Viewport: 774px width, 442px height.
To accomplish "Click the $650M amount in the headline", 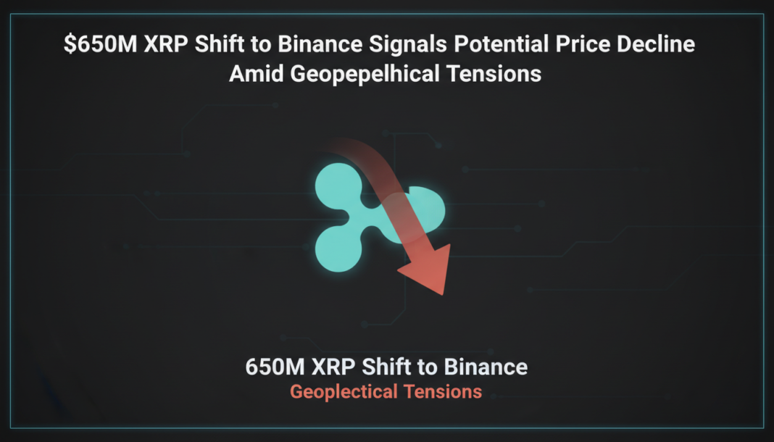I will click(x=98, y=44).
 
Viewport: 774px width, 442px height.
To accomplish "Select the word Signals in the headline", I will click(x=409, y=44).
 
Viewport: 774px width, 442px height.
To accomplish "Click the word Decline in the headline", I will click(x=656, y=44).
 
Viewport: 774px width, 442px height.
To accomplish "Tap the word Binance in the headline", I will click(x=322, y=44).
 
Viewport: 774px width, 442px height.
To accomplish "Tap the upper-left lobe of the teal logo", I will click(x=336, y=185).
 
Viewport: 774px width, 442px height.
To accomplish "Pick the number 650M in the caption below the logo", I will click(x=275, y=367).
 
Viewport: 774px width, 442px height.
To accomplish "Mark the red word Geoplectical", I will click(x=344, y=392).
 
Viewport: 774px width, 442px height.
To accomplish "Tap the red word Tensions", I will click(x=443, y=392).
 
